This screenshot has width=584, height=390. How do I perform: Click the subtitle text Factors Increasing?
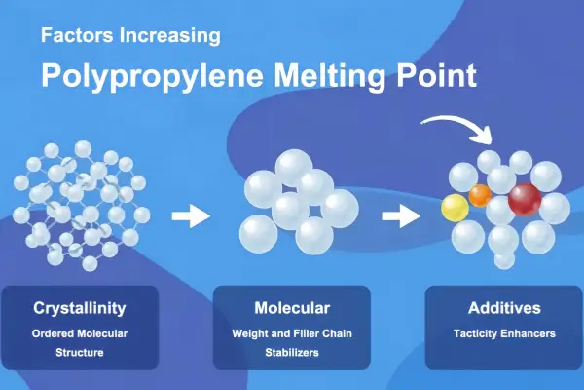click(130, 37)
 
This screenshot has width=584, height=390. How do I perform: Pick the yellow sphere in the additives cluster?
click(455, 208)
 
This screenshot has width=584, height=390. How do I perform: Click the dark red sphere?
click(525, 199)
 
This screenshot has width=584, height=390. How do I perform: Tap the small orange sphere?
click(480, 195)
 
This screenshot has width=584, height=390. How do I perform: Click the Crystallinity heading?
click(80, 309)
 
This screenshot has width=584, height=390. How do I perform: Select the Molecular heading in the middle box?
click(292, 309)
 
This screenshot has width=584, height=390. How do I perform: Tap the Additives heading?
click(503, 309)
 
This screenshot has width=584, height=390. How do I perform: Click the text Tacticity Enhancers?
click(503, 333)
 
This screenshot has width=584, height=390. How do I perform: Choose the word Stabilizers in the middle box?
click(292, 352)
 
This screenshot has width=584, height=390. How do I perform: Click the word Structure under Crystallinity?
click(80, 352)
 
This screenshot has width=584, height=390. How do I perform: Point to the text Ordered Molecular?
click(80, 333)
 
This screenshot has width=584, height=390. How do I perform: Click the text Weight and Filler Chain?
click(292, 333)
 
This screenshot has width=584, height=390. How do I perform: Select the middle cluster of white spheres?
click(297, 203)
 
